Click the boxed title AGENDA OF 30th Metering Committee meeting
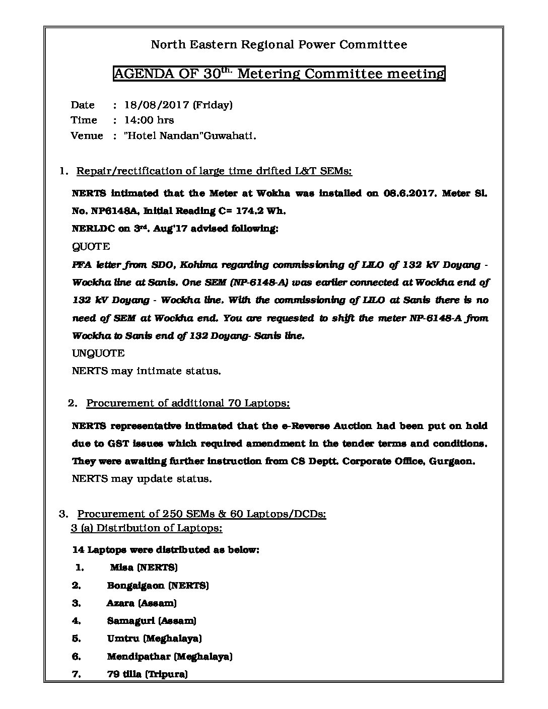point(279,74)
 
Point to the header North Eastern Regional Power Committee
point(279,45)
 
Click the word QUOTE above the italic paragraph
point(91,246)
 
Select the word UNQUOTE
point(98,353)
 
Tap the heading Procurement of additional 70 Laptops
point(188,403)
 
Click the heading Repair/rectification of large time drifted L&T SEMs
point(214,171)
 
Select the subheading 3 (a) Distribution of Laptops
point(147,528)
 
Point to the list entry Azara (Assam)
point(142,603)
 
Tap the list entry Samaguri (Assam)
point(152,621)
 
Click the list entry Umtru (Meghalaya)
point(154,639)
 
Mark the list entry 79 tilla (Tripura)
point(147,674)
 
